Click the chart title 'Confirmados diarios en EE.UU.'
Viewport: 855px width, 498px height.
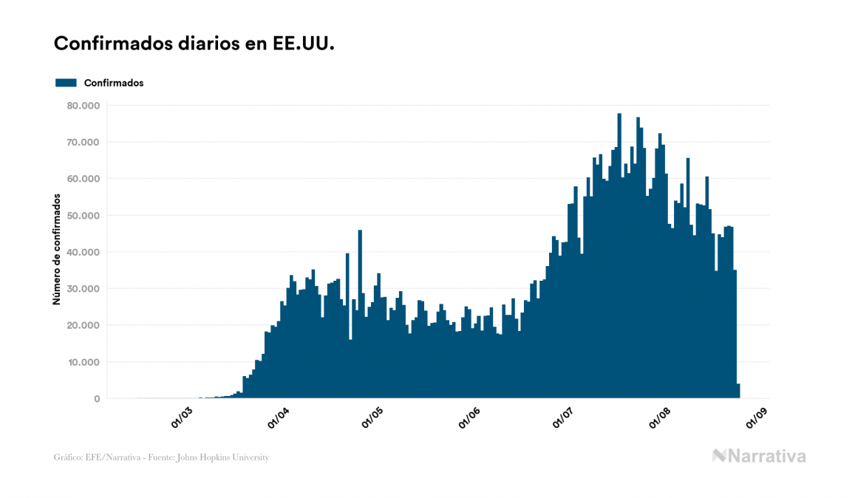[x=194, y=44]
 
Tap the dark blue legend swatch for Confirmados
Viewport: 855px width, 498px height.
[x=66, y=83]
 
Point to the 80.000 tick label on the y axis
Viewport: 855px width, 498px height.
[x=82, y=106]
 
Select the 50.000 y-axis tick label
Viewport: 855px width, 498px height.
[x=82, y=216]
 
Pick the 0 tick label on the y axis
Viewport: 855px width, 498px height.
[x=96, y=399]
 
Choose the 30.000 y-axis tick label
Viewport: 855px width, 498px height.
[x=82, y=289]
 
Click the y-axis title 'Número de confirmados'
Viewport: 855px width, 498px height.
[x=57, y=248]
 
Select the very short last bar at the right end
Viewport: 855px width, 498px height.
[x=738, y=391]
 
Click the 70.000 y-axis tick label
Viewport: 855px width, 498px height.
[x=82, y=142]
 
